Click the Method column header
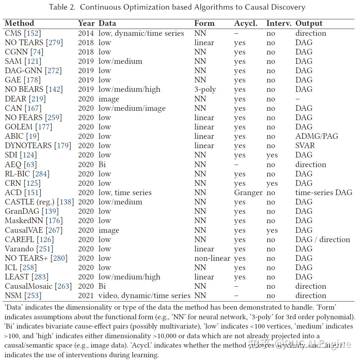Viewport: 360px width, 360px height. coord(19,23)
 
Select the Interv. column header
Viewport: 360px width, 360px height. coord(278,23)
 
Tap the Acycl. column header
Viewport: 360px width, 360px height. coord(245,23)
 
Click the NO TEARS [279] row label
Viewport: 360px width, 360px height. coord(34,43)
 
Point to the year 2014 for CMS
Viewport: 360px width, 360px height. coord(86,33)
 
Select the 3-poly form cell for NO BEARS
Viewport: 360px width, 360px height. coord(205,90)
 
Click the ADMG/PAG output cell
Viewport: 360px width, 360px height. coord(316,136)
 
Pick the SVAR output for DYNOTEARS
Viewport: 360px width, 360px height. coord(305,146)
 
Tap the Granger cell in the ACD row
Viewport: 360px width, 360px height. coord(248,193)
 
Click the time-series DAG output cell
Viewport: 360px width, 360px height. coord(324,193)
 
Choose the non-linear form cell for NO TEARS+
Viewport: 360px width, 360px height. coord(212,258)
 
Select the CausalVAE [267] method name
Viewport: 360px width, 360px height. coord(34,230)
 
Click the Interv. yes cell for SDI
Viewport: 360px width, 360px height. coord(272,155)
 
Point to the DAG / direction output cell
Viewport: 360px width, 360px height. coord(322,240)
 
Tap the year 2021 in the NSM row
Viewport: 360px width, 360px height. coord(86,296)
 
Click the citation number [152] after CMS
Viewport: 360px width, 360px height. coord(32,33)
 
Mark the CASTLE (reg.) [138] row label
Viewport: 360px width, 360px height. coord(39,202)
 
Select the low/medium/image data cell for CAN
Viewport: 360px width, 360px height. coord(132,108)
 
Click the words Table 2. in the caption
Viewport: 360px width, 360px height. coord(62,7)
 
